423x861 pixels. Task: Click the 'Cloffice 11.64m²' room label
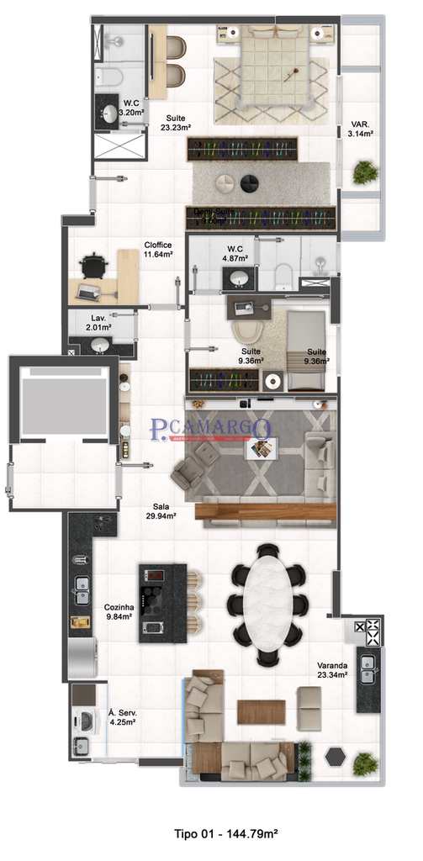pos(158,249)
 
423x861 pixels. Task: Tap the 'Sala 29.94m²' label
pos(164,511)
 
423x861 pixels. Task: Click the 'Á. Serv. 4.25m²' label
pos(123,716)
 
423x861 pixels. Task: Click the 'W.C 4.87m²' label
pos(235,254)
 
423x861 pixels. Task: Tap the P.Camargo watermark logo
pos(210,430)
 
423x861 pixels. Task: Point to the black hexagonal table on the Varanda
pos(336,756)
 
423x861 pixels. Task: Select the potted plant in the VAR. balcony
pos(365,172)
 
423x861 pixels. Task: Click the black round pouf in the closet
pos(250,183)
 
